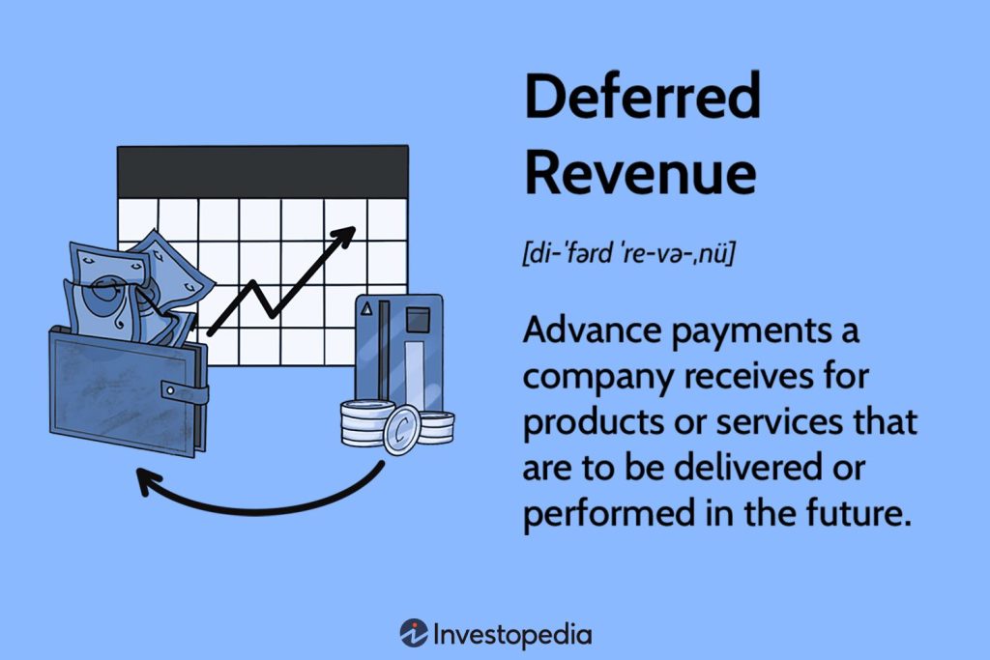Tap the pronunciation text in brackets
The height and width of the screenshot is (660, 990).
[629, 255]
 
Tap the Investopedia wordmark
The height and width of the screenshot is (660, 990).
[512, 634]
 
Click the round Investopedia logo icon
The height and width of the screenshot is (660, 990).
[413, 633]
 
